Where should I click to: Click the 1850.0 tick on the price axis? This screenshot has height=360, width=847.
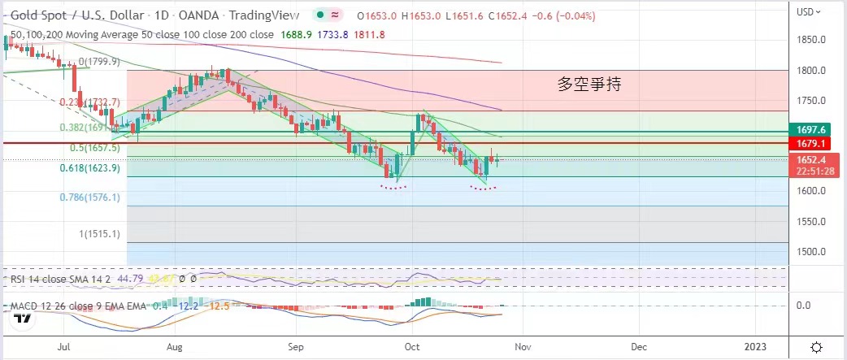point(812,40)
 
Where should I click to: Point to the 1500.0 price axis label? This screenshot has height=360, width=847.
point(812,251)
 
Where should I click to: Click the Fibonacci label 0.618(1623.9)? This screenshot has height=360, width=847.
point(90,168)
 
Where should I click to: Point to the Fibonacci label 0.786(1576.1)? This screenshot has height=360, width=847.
point(90,197)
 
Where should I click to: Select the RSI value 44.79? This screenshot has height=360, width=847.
point(130,278)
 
